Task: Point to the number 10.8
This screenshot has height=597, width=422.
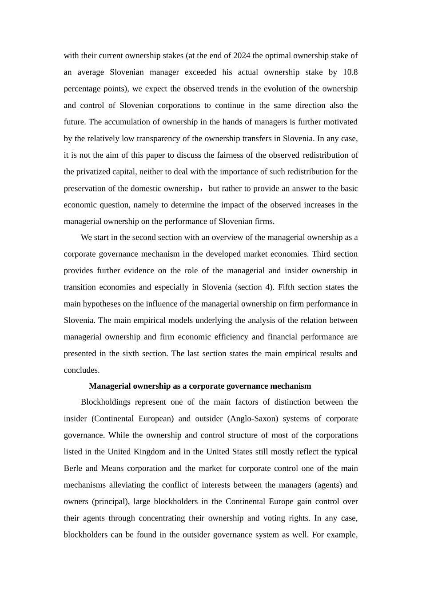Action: [x=350, y=72]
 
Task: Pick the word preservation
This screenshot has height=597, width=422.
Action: [x=84, y=189]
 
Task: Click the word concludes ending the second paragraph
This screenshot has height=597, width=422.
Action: [x=82, y=370]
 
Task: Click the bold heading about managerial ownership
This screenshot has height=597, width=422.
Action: [x=200, y=386]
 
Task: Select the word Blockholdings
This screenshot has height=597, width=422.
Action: [x=106, y=402]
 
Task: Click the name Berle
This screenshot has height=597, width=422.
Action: [x=73, y=469]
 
